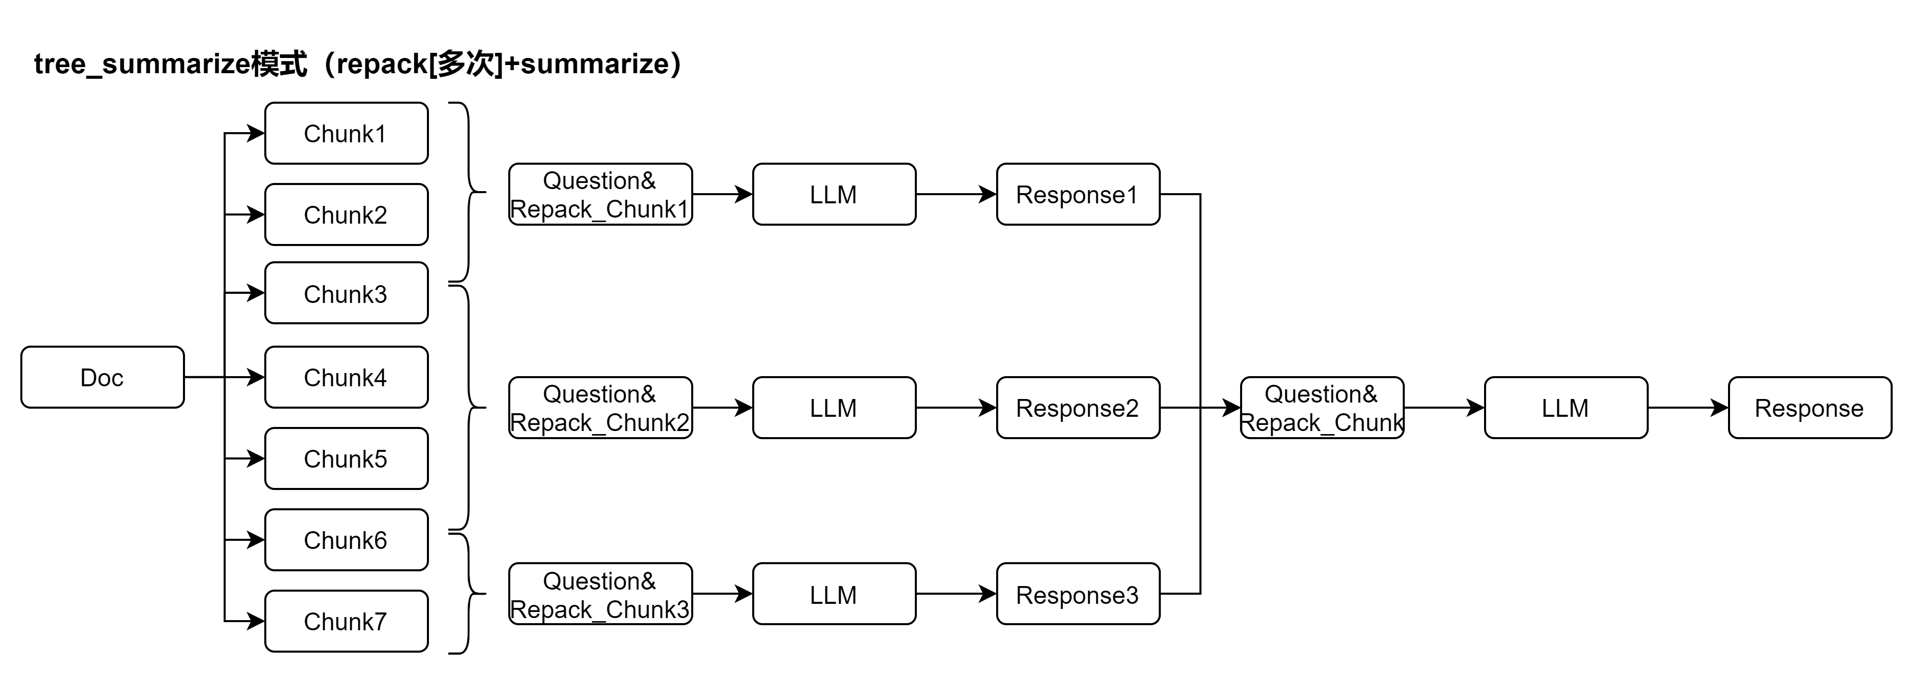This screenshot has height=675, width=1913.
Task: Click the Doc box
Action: pyautogui.click(x=103, y=377)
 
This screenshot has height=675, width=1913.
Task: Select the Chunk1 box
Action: pyautogui.click(x=346, y=134)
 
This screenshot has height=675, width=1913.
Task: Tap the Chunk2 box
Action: pyautogui.click(x=346, y=214)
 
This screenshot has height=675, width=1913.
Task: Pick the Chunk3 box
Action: pyautogui.click(x=346, y=293)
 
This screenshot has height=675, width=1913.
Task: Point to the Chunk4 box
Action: pyautogui.click(x=346, y=377)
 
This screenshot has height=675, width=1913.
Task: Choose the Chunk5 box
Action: pyautogui.click(x=346, y=458)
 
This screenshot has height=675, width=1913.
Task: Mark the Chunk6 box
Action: pyautogui.click(x=346, y=540)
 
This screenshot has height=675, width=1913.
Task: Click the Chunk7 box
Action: pyautogui.click(x=346, y=621)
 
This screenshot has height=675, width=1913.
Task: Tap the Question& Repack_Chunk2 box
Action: pyautogui.click(x=600, y=408)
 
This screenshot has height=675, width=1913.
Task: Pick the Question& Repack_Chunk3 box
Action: pyautogui.click(x=600, y=594)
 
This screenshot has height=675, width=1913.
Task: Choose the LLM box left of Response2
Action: pyautogui.click(x=834, y=408)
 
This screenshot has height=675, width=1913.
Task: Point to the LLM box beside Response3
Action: pyautogui.click(x=834, y=594)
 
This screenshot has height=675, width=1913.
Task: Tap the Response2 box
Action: pyautogui.click(x=1077, y=408)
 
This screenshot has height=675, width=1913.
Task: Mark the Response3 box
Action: pyautogui.click(x=1077, y=594)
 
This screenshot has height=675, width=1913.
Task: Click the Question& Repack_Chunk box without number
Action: pyautogui.click(x=1322, y=408)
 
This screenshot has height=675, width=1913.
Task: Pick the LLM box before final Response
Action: pyautogui.click(x=1565, y=408)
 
